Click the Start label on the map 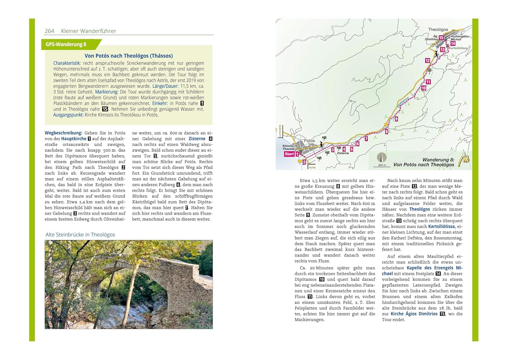tap(289, 154)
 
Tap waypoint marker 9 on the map tap(396, 119)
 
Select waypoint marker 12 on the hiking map tap(428, 61)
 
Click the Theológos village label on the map tap(438, 30)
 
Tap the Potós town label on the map tap(309, 140)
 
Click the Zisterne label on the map tap(343, 153)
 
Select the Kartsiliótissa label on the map tap(458, 48)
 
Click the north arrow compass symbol tap(382, 158)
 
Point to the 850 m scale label tap(382, 165)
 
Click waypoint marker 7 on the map tap(366, 139)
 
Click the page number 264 tap(50, 31)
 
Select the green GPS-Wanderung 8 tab tap(67, 44)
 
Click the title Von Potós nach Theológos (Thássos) tap(129, 56)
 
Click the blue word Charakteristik tap(67, 63)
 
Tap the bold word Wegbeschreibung tap(63, 133)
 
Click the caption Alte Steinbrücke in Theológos tap(80, 235)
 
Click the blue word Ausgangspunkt tap(68, 115)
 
